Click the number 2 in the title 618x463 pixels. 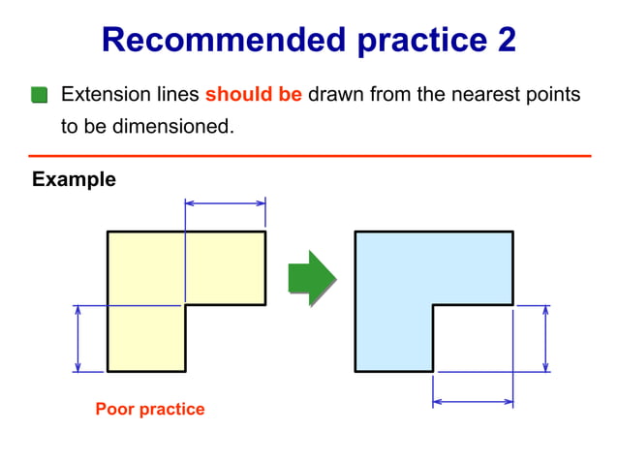coord(505,40)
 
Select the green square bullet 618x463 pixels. coord(39,95)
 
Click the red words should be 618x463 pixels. coord(254,95)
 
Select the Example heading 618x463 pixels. coord(74,179)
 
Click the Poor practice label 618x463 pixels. coord(150,409)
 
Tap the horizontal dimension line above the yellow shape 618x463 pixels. coord(225,203)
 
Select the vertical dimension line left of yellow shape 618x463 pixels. coord(77,338)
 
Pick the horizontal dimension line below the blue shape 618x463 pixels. coord(473,401)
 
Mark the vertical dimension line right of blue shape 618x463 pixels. coord(546,338)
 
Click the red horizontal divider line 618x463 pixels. coord(309,155)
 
